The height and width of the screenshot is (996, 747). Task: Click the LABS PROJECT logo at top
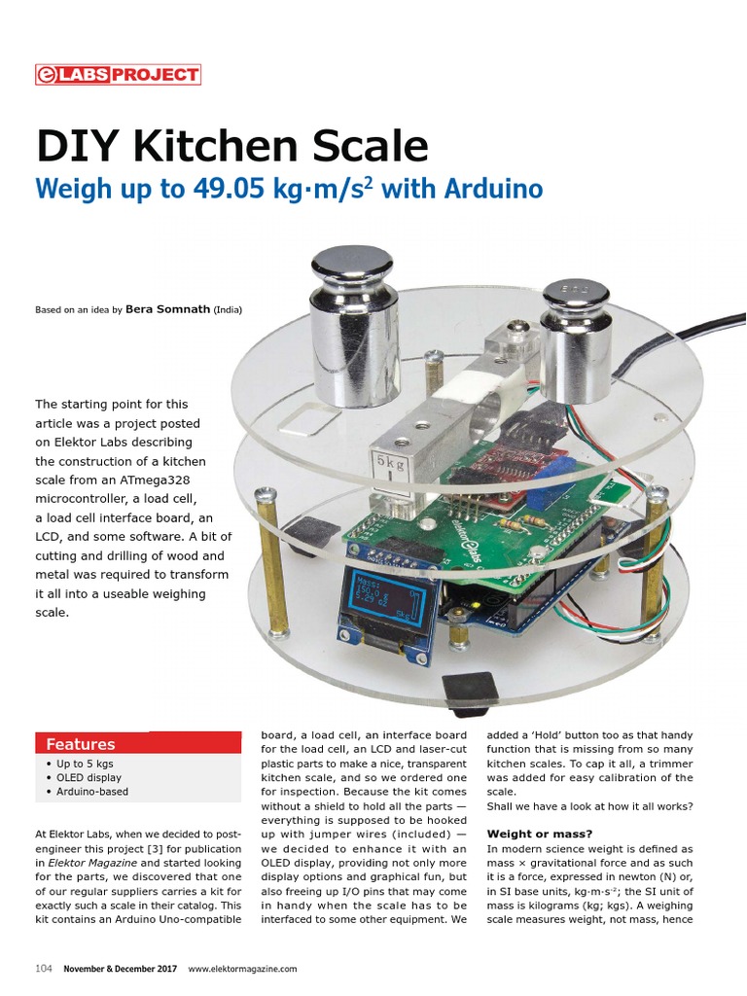click(x=118, y=74)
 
